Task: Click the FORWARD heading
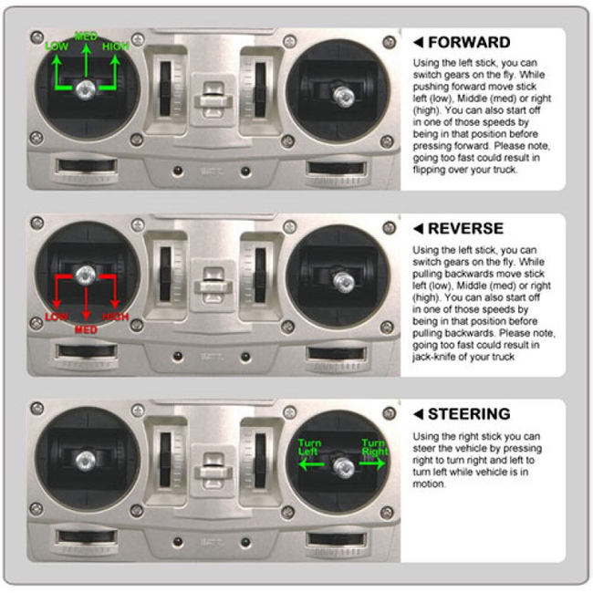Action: point(469,42)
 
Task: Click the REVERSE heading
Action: point(465,228)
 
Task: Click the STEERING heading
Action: point(469,414)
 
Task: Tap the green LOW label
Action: point(57,47)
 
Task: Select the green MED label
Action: point(86,36)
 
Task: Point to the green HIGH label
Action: point(115,47)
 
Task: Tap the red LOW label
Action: point(57,317)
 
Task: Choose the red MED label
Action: point(86,329)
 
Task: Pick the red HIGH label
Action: point(115,317)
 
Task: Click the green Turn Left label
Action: point(309,447)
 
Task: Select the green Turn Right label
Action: point(374,447)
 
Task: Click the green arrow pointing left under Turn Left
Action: point(311,464)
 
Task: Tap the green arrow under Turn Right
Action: point(372,463)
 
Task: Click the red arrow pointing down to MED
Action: point(87,304)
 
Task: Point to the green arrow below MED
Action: point(87,60)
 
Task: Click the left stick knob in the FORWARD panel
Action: point(86,90)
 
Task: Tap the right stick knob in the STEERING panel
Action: point(343,467)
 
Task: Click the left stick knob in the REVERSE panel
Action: point(86,276)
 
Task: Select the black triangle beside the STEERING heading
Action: point(418,414)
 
